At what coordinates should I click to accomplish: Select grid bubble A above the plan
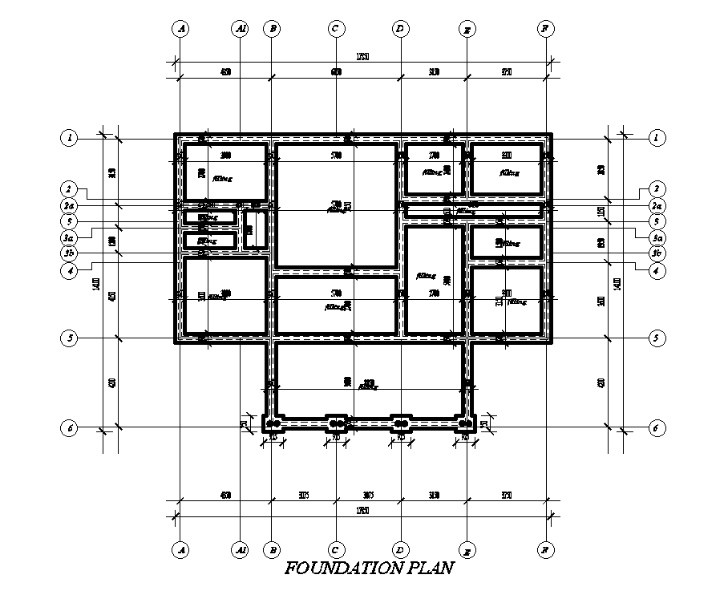[x=181, y=29]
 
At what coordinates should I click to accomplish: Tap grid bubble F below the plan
[x=544, y=550]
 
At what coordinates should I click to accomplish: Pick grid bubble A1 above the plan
[x=241, y=29]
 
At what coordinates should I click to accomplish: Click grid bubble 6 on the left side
[x=71, y=427]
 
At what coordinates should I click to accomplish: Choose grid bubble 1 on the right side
[x=657, y=138]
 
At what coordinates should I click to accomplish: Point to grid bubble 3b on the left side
[x=71, y=254]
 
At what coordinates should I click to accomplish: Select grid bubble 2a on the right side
[x=657, y=205]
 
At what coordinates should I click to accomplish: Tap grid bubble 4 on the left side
[x=71, y=271]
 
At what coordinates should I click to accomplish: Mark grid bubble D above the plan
[x=400, y=29]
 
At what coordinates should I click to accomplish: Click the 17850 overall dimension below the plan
[x=362, y=511]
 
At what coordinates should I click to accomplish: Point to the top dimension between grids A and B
[x=226, y=73]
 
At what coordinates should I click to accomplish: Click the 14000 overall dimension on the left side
[x=96, y=284]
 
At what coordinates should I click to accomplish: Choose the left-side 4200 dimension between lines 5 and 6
[x=112, y=382]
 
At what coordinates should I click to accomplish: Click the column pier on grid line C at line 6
[x=337, y=423]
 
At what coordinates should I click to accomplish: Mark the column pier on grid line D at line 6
[x=400, y=423]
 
